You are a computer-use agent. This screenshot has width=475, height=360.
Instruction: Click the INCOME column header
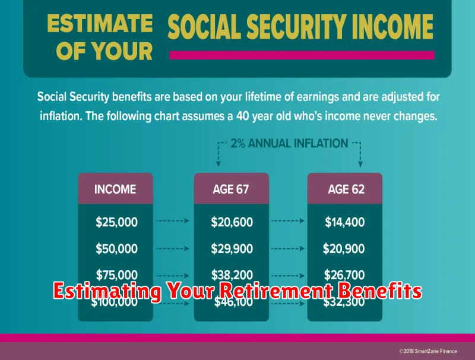click(x=115, y=190)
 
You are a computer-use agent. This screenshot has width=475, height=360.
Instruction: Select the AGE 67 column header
click(x=231, y=190)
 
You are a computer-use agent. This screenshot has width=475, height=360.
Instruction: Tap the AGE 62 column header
click(x=346, y=190)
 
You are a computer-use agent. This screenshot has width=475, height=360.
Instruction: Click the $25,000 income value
click(x=116, y=222)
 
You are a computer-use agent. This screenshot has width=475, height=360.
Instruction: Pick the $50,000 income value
click(x=116, y=249)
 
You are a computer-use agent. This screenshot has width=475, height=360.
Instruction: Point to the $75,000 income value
click(x=116, y=275)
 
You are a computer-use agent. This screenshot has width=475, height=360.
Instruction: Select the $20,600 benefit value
click(x=232, y=222)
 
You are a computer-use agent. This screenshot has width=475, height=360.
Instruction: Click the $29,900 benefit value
click(x=232, y=249)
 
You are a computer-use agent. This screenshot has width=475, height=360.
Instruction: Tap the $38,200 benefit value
click(x=232, y=275)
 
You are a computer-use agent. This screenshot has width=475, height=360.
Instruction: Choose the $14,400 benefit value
click(x=345, y=222)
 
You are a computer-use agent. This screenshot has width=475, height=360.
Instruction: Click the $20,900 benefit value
click(x=344, y=249)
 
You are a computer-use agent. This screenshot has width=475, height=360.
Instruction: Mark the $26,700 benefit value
click(x=344, y=275)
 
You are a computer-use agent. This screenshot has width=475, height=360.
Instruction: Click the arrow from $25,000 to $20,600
click(x=173, y=221)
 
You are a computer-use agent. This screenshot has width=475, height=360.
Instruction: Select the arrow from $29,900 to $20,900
click(x=288, y=249)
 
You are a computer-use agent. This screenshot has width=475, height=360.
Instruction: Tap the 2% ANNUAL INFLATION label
click(x=289, y=143)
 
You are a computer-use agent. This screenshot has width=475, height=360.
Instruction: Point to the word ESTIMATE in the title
click(x=100, y=24)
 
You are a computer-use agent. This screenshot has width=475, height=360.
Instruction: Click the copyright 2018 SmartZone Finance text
click(x=428, y=351)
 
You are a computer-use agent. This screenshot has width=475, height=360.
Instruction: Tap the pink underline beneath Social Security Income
click(x=302, y=55)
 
